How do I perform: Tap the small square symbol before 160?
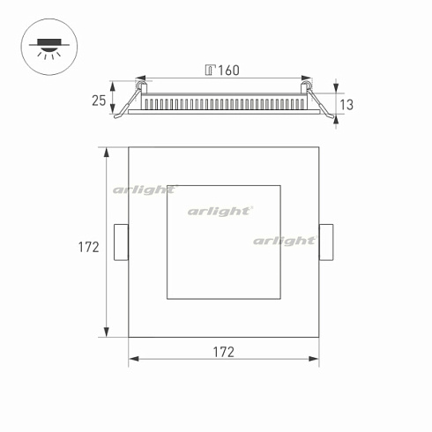(x=209, y=70)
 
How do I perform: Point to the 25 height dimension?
(x=98, y=101)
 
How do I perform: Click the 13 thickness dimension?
(x=346, y=105)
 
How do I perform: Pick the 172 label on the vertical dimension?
(x=87, y=248)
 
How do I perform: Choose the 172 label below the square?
(x=224, y=352)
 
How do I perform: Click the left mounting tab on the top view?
(x=122, y=242)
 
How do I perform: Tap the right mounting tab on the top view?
(x=326, y=242)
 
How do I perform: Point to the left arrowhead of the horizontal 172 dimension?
(x=133, y=360)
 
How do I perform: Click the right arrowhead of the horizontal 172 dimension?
(x=316, y=360)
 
